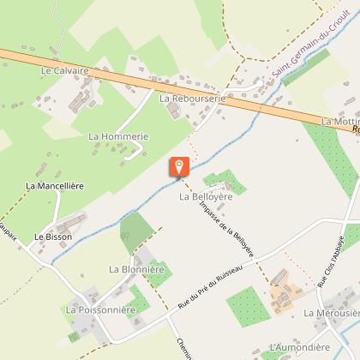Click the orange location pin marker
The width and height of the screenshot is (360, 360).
tap(178, 167)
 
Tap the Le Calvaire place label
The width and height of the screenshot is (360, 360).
tap(64, 71)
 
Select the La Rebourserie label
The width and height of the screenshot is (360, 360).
tap(192, 99)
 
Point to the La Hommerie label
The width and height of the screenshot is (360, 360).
tap(118, 135)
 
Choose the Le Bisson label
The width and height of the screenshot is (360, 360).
tap(53, 236)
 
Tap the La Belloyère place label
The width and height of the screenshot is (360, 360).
tap(206, 196)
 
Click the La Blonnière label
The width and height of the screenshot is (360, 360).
tap(136, 268)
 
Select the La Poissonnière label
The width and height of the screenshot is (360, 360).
tap(101, 309)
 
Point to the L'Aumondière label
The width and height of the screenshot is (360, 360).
tap(299, 347)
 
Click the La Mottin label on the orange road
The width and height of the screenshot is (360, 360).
tap(339, 123)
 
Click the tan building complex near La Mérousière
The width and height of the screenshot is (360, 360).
tap(285, 297)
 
